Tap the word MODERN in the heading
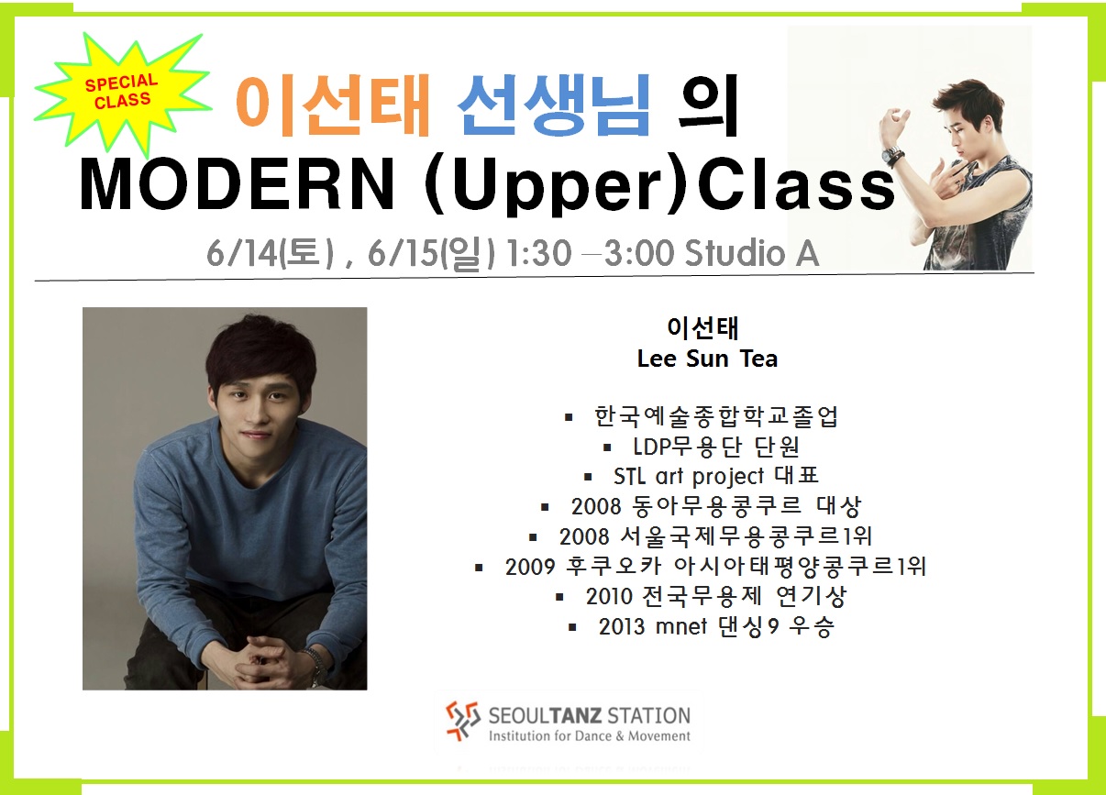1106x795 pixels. [x=237, y=184]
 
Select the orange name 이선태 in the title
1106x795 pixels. [x=333, y=105]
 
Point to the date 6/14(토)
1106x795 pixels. [x=270, y=254]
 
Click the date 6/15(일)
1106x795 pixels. [x=431, y=254]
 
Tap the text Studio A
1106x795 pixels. [x=752, y=253]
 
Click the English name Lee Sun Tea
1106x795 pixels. [x=707, y=359]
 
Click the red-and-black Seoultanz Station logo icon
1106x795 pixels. [x=462, y=721]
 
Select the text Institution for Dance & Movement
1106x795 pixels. [x=590, y=736]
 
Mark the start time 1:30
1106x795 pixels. [x=539, y=253]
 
